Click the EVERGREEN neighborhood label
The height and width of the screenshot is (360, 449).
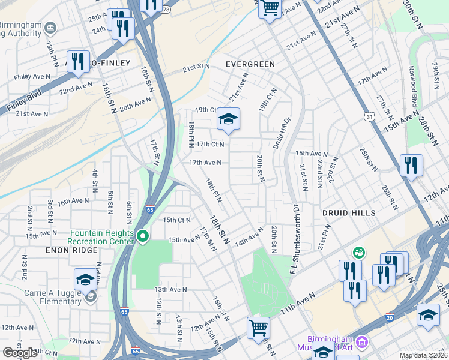(x=250, y=64)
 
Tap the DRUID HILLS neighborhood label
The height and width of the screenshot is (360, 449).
(x=349, y=213)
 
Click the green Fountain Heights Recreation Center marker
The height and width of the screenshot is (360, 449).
(x=142, y=236)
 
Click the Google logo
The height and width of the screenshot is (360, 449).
(x=20, y=353)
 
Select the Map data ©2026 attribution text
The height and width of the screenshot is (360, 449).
(x=423, y=355)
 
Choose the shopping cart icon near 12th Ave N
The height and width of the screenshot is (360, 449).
(x=258, y=328)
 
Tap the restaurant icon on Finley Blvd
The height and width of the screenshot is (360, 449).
(x=78, y=62)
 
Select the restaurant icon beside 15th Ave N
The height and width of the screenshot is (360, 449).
(x=411, y=165)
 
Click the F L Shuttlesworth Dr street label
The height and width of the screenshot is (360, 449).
(x=295, y=240)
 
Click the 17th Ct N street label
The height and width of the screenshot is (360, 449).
(x=210, y=144)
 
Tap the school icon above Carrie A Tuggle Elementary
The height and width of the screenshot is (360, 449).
(x=85, y=280)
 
